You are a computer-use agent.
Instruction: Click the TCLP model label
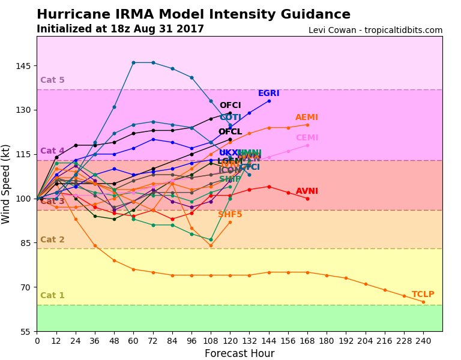pyautogui.click(x=423, y=295)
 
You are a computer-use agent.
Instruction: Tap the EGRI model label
pyautogui.click(x=268, y=94)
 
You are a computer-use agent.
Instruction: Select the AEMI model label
pyautogui.click(x=307, y=118)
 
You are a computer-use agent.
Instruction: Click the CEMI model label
pyautogui.click(x=307, y=138)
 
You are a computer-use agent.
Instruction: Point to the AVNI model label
pyautogui.click(x=307, y=191)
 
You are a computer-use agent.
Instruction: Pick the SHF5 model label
pyautogui.click(x=230, y=214)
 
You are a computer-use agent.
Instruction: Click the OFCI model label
pyautogui.click(x=230, y=106)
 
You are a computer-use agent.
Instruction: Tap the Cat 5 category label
pyautogui.click(x=52, y=80)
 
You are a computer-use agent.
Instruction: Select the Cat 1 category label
pyautogui.click(x=52, y=296)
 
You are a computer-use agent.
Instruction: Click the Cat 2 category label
pyautogui.click(x=52, y=240)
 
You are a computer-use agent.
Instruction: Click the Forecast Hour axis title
pyautogui.click(x=239, y=353)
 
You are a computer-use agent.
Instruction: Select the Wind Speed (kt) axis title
pyautogui.click(x=7, y=184)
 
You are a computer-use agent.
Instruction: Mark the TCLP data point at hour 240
pyautogui.click(x=423, y=302)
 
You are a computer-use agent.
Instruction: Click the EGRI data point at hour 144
pyautogui.click(x=269, y=101)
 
